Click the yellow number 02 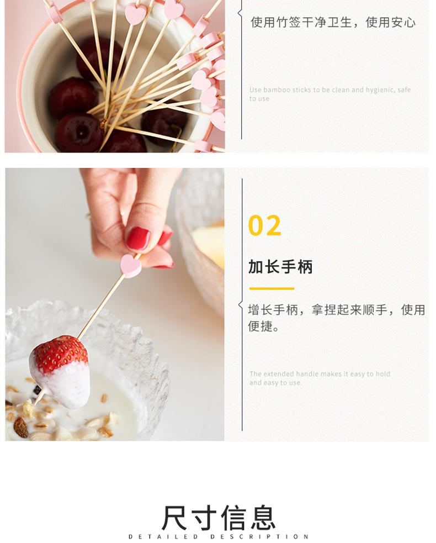point(265,226)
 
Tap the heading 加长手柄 point(280,267)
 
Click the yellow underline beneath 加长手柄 point(272,288)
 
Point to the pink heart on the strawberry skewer point(130,266)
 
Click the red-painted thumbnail point(138,238)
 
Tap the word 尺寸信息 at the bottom point(219,518)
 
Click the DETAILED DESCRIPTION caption point(219,536)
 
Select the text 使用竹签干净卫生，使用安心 point(333,23)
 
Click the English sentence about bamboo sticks point(330,94)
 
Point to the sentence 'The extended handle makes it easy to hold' point(320,373)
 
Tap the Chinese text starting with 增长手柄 point(336,318)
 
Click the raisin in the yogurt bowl point(21,427)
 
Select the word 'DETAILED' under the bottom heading point(163,536)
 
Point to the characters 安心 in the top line point(403,23)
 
